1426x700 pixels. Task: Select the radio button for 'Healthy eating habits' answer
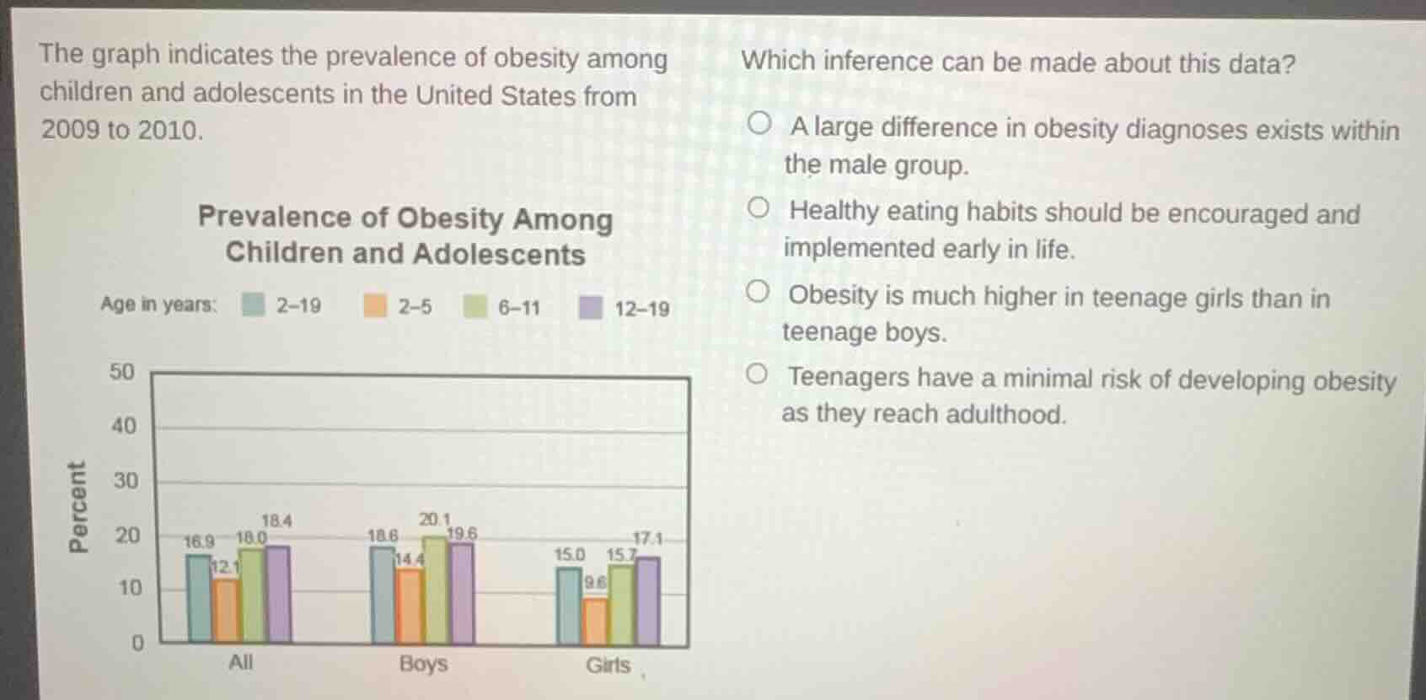click(x=758, y=208)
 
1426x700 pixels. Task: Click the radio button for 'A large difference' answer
click(x=759, y=125)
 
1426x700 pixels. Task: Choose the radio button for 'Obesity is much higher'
click(x=757, y=293)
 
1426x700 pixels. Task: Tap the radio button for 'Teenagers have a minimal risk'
click(x=756, y=374)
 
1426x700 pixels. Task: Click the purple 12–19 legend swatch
click(x=590, y=307)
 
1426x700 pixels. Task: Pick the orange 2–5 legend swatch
click(x=374, y=305)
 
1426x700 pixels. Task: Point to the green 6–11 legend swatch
click(x=475, y=306)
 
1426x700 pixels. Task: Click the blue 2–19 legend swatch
click(x=253, y=304)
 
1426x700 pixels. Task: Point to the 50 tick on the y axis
click(x=122, y=372)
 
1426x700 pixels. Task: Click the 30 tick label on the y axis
click(x=125, y=481)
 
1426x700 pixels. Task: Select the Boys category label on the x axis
click(x=423, y=664)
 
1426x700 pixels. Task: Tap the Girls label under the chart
click(x=608, y=665)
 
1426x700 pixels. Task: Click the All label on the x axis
click(x=240, y=662)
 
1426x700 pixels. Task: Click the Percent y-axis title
click(x=77, y=507)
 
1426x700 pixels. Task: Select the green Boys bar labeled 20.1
click(x=435, y=590)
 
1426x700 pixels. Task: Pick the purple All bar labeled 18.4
click(x=277, y=594)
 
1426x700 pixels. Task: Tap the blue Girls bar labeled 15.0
click(x=569, y=606)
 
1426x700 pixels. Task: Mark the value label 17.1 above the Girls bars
click(x=647, y=538)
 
